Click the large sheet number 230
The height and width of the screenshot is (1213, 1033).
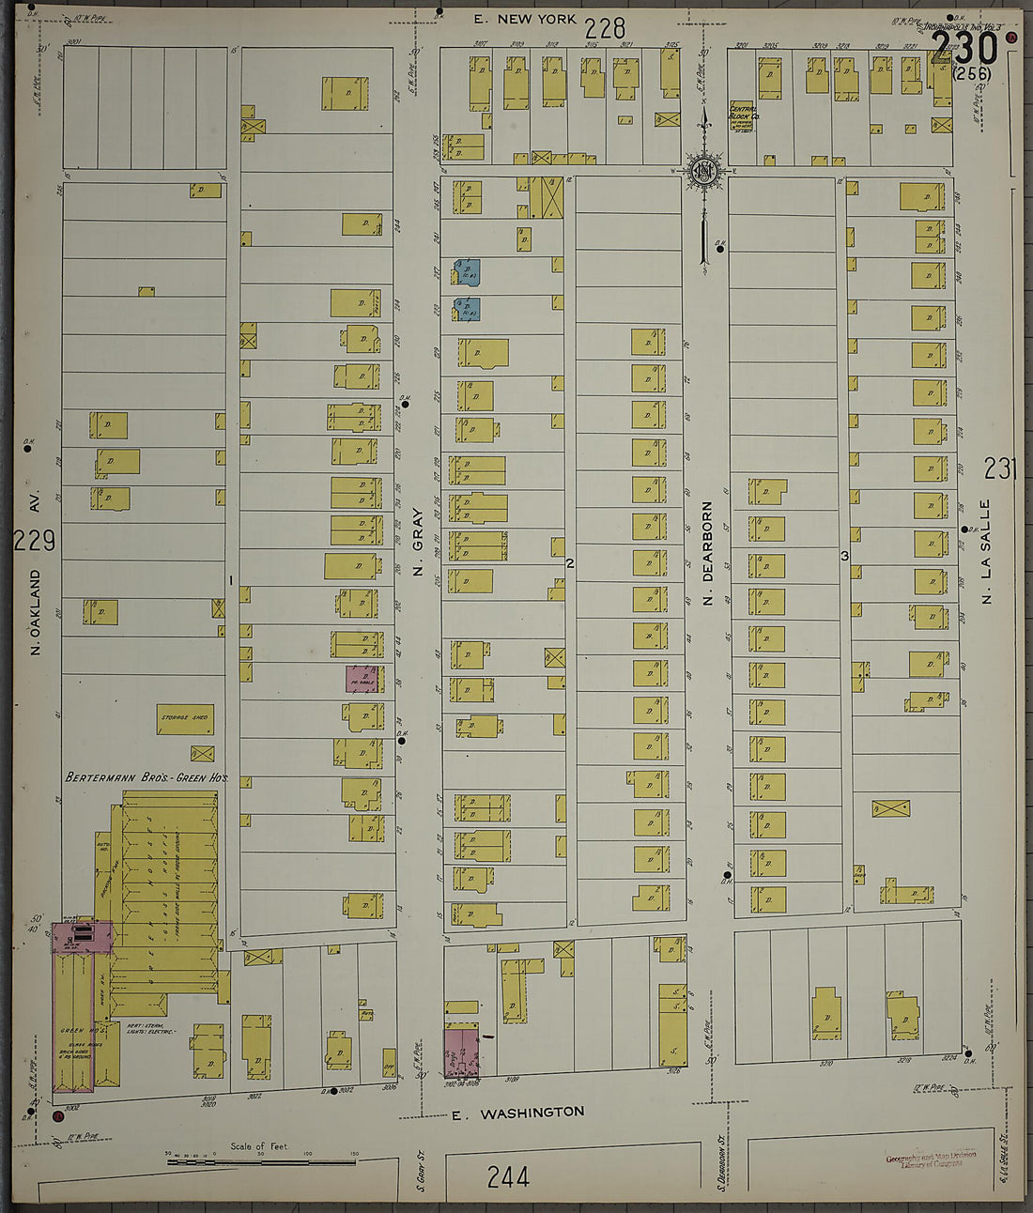tap(965, 48)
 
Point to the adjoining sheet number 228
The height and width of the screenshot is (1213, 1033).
tap(605, 28)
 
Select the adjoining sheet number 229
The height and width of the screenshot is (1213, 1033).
tap(36, 541)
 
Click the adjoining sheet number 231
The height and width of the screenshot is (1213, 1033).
tap(1001, 468)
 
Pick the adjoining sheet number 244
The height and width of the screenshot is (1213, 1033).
tap(508, 1176)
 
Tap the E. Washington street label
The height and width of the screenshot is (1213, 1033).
tap(517, 1113)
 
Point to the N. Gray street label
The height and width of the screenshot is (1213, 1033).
tap(418, 542)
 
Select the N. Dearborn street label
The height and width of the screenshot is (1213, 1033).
tap(708, 554)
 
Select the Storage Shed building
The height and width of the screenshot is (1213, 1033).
tap(185, 719)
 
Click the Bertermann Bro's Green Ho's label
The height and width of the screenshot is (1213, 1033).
tap(146, 778)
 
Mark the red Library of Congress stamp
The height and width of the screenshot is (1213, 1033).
tap(931, 1159)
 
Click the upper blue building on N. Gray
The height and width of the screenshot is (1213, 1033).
tap(468, 271)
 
